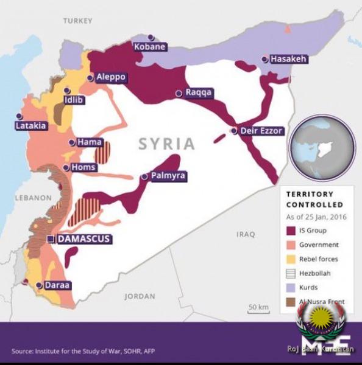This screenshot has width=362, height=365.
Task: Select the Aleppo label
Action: (x=111, y=77)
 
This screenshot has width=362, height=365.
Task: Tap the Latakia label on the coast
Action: (x=30, y=126)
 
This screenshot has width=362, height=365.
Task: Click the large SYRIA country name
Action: (x=166, y=144)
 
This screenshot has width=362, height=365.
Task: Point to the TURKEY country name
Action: (x=77, y=21)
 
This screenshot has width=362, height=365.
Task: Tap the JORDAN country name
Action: (x=140, y=296)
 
